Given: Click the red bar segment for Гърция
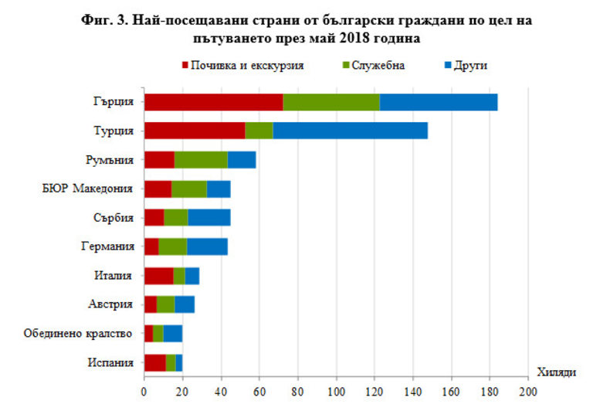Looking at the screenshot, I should coord(213,102).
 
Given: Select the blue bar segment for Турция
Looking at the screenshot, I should coord(350,131).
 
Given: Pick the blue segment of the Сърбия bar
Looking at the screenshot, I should coord(209,218).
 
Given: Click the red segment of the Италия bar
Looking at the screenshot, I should coord(158,276).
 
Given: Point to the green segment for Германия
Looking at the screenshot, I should coord(173,246).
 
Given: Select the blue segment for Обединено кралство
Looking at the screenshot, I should coord(172,334).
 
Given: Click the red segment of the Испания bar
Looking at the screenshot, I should coord(154,362).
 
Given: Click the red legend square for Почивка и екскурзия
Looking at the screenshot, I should coord(186,65).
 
